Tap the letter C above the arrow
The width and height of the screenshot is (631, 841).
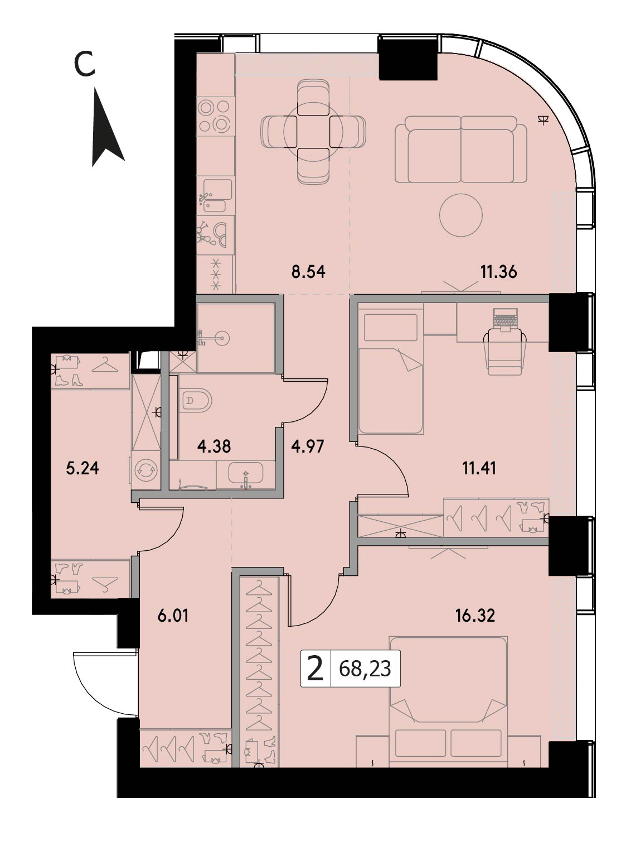(x=84, y=65)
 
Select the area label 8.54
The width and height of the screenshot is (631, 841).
(x=308, y=272)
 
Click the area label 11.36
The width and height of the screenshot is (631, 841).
(x=498, y=272)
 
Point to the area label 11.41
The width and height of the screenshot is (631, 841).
(x=479, y=468)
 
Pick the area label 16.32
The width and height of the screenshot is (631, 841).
(x=475, y=616)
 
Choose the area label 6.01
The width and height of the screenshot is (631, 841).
(x=173, y=617)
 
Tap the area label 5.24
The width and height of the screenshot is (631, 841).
(x=82, y=468)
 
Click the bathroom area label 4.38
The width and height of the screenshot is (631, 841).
(x=214, y=446)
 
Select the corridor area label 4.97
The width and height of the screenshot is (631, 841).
(x=308, y=446)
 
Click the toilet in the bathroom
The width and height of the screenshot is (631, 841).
(x=195, y=401)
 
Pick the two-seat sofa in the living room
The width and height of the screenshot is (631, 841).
(x=461, y=150)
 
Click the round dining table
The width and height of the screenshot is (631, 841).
(x=313, y=131)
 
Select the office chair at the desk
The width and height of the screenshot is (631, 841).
(x=505, y=353)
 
